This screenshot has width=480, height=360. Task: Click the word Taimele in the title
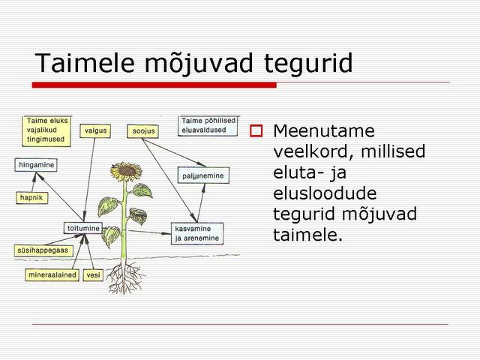tap(85, 63)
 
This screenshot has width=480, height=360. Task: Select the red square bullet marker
tap(256, 130)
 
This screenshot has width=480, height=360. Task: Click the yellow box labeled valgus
tap(95, 130)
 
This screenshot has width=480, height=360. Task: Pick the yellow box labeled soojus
tap(143, 131)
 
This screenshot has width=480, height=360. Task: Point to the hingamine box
tap(36, 165)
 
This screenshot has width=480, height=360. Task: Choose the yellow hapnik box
tap(31, 198)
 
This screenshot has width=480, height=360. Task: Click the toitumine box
tap(83, 228)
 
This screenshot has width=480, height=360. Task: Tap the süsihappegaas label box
tap(43, 250)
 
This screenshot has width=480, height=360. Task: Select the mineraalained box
tap(52, 275)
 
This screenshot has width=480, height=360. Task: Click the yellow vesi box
tap(93, 275)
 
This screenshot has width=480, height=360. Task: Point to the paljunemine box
tap(203, 175)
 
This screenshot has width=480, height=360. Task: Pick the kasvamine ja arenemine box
tap(197, 233)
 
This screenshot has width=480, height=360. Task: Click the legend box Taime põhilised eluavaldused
tap(208, 125)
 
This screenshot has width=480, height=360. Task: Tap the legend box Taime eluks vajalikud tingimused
tap(46, 130)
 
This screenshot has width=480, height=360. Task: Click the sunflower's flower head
tap(126, 171)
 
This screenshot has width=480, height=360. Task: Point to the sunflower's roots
tap(124, 277)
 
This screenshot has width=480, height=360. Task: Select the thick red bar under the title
tap(154, 85)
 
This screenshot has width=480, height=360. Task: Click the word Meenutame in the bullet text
tap(324, 131)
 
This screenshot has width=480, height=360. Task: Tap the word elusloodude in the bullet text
tap(325, 193)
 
